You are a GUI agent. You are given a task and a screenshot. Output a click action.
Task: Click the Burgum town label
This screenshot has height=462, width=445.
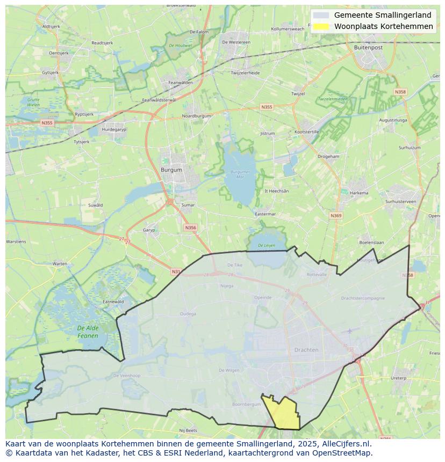point(171,170)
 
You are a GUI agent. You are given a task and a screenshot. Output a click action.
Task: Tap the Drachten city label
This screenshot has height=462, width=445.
point(306,350)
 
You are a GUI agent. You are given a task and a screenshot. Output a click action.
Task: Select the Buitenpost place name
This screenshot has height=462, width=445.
point(368,47)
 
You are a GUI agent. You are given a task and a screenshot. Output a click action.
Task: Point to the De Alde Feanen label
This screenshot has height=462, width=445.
point(88,332)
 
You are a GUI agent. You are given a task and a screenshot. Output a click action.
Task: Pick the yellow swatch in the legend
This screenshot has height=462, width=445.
point(321,26)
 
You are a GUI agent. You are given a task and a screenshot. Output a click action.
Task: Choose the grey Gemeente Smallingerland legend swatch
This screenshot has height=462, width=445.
point(321,16)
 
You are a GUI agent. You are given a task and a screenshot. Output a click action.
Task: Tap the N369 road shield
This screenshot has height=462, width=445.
point(336,216)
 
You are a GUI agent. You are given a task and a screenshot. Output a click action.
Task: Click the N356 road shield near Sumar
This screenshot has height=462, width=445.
point(190,228)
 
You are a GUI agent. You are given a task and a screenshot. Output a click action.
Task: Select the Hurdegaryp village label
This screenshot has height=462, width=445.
point(113,129)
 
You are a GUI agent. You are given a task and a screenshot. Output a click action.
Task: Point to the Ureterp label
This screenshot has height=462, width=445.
point(398,378)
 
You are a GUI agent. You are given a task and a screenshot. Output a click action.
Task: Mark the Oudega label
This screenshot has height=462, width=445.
point(188,314)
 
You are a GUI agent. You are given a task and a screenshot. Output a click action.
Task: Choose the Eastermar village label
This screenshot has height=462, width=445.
point(265,214)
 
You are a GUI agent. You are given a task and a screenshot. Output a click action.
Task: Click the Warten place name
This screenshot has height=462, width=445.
point(60,263)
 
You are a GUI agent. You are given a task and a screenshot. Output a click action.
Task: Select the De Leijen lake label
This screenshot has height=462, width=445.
point(266,245)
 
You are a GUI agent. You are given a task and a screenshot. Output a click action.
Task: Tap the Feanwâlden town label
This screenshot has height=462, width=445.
point(180,83)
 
